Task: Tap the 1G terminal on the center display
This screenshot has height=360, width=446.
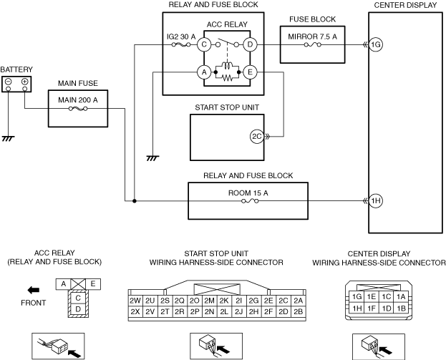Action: pos(376,45)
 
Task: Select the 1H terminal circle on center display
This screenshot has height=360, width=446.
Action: pos(376,200)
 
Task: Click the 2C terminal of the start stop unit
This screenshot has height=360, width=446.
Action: pos(256,135)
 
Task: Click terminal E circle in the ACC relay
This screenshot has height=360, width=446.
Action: pos(251,72)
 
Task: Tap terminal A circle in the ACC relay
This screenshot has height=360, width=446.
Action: pos(204,72)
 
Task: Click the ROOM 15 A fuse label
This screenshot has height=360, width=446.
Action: pos(248,192)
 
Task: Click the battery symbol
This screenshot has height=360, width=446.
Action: pos(16,84)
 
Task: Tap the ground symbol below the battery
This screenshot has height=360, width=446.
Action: pos(9,137)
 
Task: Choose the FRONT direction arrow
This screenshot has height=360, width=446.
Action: pos(34,290)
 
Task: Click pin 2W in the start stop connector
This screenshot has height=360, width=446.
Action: pos(135,301)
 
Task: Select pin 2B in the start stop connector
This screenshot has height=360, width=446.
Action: pos(298,311)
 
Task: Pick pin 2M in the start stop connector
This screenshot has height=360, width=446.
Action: pos(209,301)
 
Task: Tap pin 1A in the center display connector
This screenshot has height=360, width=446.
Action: pos(401,296)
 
